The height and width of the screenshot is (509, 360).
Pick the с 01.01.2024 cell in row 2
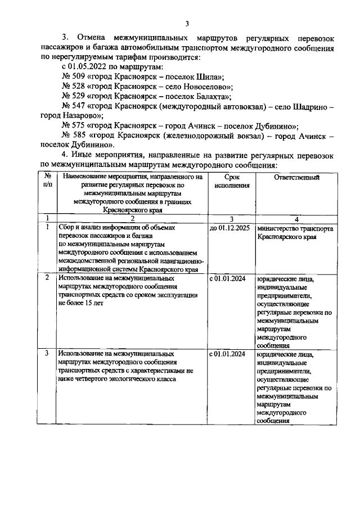click(x=227, y=278)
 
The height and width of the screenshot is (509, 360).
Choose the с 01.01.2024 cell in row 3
click(x=227, y=354)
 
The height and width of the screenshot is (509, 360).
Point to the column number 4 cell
click(x=296, y=219)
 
